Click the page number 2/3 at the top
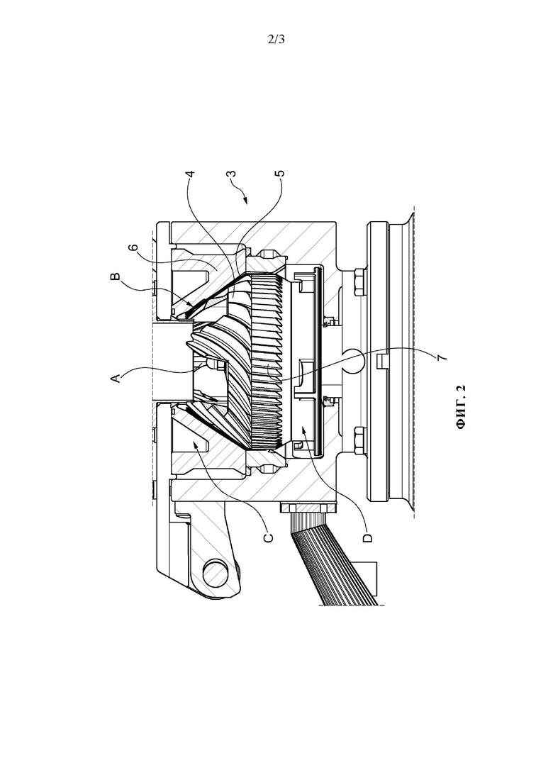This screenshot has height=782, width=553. click(276, 40)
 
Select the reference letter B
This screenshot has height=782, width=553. click(116, 277)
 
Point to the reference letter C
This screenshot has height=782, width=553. click(268, 537)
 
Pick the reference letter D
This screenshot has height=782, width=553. click(368, 537)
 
